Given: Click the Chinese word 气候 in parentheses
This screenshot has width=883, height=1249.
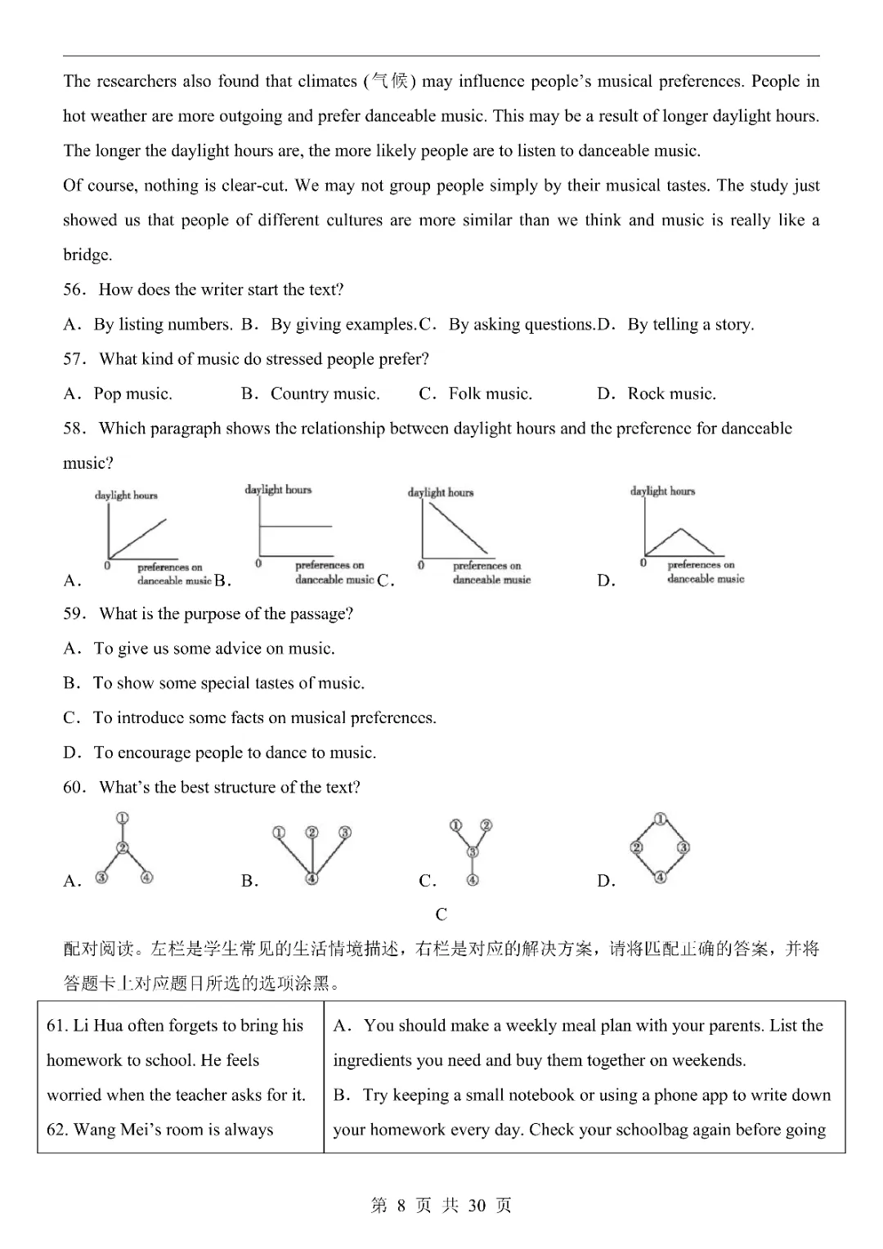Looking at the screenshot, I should coord(389,81).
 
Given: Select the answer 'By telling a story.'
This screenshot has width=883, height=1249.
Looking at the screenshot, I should coord(690,325).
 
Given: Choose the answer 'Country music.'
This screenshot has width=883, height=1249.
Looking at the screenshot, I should coord(325,394).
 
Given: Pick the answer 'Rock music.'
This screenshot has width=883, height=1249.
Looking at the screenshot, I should coord(671,394).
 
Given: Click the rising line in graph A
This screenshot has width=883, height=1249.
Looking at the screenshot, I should coord(137,537).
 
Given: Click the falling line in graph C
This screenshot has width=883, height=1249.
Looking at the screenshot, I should coord(456,528).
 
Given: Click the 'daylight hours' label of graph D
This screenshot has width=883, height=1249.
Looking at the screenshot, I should coord(662,491).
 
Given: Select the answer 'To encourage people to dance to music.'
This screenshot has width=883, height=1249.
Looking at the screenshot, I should coord(235,753).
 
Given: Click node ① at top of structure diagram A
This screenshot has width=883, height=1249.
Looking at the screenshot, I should coord(123,818).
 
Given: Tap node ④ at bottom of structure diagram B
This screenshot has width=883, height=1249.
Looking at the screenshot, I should coord(312,878).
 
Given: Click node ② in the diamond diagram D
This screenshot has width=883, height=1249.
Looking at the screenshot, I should coord(637,847).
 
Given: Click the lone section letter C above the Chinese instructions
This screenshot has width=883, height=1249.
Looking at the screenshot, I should coord(441,914).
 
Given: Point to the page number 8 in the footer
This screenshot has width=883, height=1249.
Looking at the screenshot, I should coord(401,1206).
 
